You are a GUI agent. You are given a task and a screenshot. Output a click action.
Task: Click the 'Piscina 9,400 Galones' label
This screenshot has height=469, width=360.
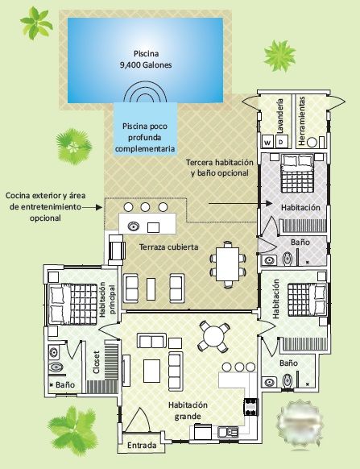click(146, 59)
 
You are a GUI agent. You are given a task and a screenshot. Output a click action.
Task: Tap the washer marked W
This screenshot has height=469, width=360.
click(267, 142)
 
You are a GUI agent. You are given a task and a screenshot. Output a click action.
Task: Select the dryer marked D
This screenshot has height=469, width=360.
click(281, 141)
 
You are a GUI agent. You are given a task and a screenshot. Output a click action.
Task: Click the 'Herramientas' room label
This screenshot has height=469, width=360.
click(302, 121)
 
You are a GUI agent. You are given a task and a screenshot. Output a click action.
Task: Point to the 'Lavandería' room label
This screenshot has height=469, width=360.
click(280, 116)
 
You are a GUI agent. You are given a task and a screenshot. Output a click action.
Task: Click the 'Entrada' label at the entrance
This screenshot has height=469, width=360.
click(142, 445)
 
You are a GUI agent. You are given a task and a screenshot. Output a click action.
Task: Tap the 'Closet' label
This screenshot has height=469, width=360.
click(97, 362)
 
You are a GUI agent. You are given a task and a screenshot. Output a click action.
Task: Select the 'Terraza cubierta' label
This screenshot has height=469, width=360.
click(168, 247)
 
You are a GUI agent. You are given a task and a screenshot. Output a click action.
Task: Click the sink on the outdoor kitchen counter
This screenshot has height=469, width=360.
click(134, 226)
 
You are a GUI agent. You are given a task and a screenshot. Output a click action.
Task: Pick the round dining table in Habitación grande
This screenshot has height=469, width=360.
click(213, 336)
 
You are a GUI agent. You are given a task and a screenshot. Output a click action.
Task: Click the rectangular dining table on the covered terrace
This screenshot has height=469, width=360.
click(228, 264)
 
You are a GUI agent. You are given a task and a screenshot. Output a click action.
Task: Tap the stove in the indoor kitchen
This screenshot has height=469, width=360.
click(251, 407)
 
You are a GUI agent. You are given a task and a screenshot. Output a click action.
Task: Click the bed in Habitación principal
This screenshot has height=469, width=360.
click(72, 304)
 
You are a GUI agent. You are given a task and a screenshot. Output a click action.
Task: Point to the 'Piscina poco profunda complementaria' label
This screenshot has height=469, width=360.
click(145, 137)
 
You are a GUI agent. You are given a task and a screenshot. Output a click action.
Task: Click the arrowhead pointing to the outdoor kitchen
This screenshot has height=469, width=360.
click(99, 207)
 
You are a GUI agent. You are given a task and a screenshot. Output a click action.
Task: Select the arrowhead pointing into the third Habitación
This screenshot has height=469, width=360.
click(269, 203)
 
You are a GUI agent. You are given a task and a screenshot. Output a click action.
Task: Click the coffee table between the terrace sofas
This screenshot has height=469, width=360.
click(151, 289)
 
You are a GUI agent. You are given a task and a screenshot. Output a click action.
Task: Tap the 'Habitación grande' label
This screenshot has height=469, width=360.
click(188, 411)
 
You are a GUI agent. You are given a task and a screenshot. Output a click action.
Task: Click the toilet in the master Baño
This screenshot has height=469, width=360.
click(56, 366)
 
